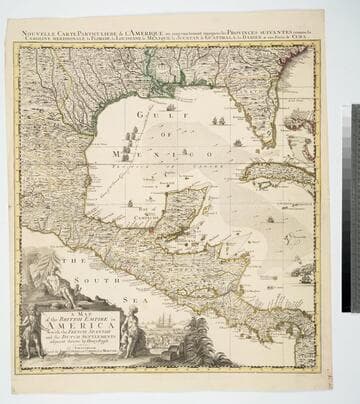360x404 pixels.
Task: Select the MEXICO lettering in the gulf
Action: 184,153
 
